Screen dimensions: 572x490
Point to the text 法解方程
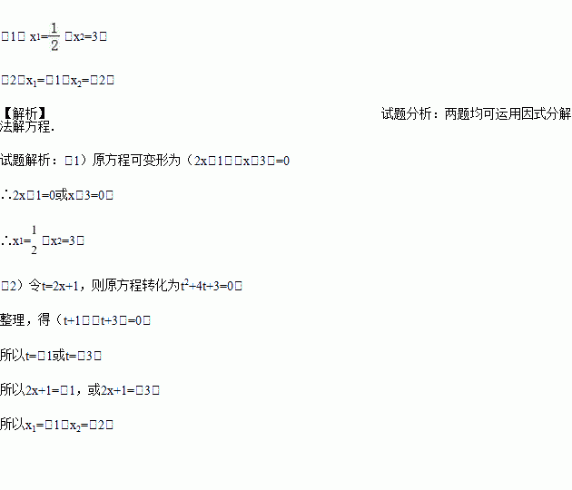coord(27,126)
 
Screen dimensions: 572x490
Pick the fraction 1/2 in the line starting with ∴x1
coord(34,240)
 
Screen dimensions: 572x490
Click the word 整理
coord(13,320)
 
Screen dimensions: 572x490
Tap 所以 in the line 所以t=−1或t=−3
coord(13,355)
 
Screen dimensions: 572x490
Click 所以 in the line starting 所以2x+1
coord(13,389)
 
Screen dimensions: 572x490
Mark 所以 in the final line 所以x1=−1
coord(13,424)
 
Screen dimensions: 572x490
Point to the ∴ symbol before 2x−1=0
coord(6,195)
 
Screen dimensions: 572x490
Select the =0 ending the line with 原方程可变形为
coord(279,161)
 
